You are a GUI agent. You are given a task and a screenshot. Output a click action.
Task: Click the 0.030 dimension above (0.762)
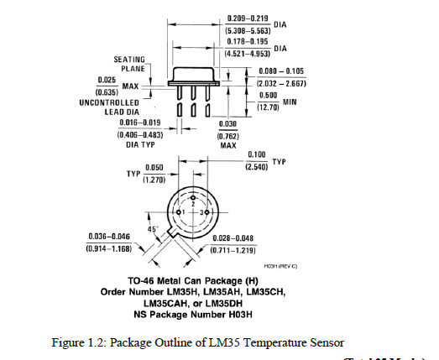point(226,123)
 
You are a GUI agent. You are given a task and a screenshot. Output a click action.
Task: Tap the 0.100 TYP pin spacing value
point(258,156)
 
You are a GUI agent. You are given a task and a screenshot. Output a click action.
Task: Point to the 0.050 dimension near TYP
point(152,168)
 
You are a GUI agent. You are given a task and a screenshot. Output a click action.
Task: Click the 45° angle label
point(153,227)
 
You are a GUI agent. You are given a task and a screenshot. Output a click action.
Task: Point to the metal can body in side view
point(201,74)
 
